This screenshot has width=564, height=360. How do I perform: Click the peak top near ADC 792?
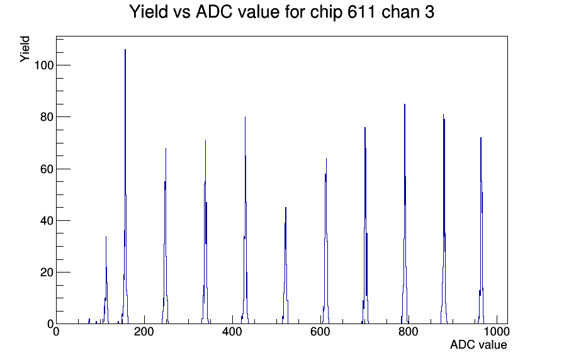tap(405, 104)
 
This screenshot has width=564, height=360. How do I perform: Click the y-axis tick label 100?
tap(44, 65)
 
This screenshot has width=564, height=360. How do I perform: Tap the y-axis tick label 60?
tap(47, 169)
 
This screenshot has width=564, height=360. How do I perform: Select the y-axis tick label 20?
tap(47, 273)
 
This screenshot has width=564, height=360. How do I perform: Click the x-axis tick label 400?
tap(232, 332)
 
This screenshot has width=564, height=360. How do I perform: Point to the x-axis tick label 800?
tap(409, 332)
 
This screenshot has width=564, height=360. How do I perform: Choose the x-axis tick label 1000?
tap(497, 332)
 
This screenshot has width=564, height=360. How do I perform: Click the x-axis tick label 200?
tap(144, 332)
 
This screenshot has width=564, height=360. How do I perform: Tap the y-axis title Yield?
tap(25, 49)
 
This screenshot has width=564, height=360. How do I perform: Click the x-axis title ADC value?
tap(478, 345)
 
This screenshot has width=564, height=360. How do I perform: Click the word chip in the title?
tap(327, 12)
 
